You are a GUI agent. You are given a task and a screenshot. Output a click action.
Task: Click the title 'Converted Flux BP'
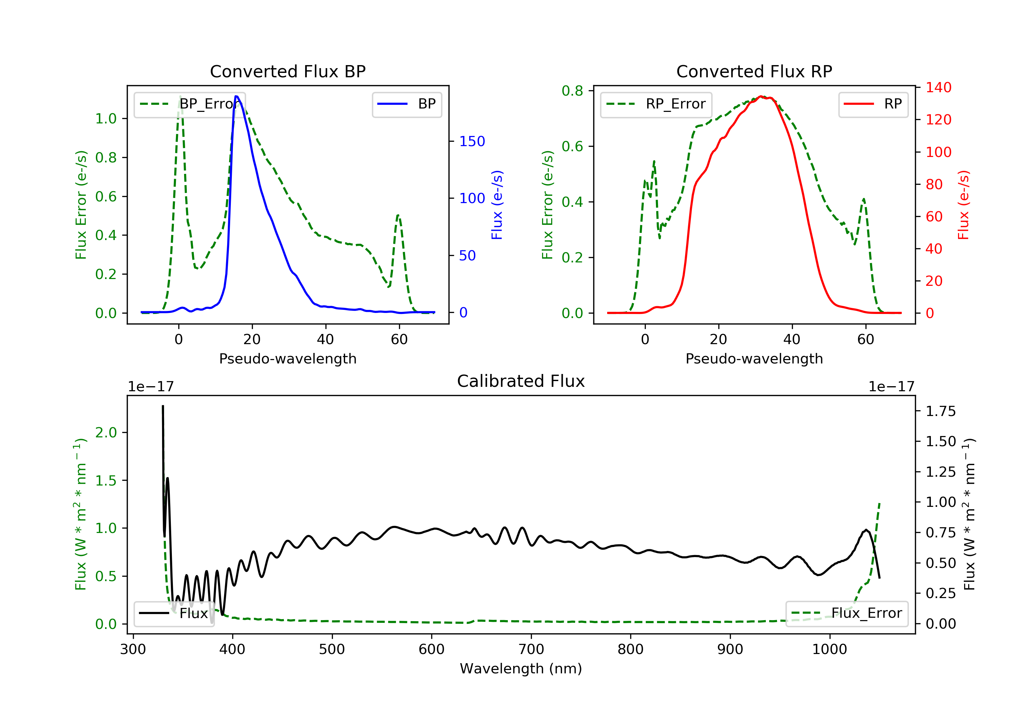pyautogui.click(x=287, y=71)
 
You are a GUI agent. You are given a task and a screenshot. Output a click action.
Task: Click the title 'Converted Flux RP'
pyautogui.click(x=754, y=71)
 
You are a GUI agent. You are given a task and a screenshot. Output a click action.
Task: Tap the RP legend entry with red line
pyautogui.click(x=873, y=104)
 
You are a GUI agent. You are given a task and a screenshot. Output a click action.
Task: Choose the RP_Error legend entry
pyautogui.click(x=656, y=104)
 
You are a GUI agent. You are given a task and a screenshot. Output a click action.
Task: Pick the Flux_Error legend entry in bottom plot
pyautogui.click(x=846, y=613)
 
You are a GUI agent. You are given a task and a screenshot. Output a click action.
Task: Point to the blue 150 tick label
pyautogui.click(x=472, y=141)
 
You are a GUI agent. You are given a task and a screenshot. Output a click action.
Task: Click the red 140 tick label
pyautogui.click(x=938, y=87)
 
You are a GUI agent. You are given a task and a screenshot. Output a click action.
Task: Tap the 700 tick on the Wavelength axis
pyautogui.click(x=531, y=650)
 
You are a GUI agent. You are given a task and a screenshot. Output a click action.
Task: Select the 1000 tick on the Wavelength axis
pyautogui.click(x=829, y=650)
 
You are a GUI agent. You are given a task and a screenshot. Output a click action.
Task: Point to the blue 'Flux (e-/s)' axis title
pyautogui.click(x=497, y=205)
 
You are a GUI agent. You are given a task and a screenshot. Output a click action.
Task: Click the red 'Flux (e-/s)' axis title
pyautogui.click(x=963, y=205)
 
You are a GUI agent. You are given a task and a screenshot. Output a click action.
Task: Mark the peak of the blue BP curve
pyautogui.click(x=237, y=96)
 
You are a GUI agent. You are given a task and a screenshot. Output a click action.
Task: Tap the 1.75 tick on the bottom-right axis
pyautogui.click(x=940, y=411)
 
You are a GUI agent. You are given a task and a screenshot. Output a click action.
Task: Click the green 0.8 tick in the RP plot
pyautogui.click(x=572, y=91)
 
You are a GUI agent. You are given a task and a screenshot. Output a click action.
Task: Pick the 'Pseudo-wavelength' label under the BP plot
pyautogui.click(x=287, y=358)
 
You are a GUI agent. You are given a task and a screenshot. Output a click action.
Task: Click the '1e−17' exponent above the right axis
pyautogui.click(x=891, y=387)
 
